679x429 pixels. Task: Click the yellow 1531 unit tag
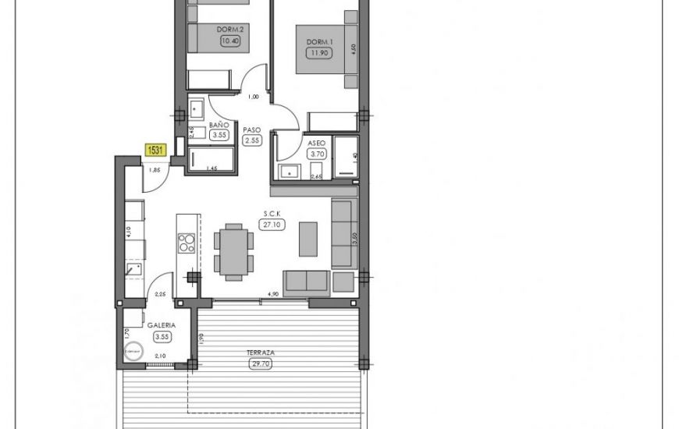[155, 148]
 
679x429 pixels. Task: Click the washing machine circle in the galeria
[133, 353]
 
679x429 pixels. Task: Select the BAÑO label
[219, 125]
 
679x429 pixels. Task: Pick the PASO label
[251, 130]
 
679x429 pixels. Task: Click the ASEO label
[317, 144]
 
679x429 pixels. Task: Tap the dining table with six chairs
[234, 251]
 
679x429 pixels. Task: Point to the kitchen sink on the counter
[133, 270]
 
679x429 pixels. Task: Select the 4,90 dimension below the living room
[273, 294]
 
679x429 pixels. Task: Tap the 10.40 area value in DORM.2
[230, 41]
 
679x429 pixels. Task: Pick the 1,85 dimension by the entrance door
[155, 170]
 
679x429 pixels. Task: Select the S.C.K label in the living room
[272, 214]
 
